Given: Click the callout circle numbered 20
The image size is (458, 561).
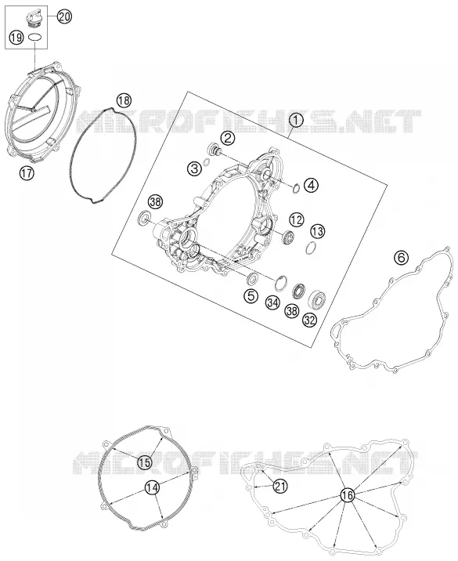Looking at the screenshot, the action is point(64,16).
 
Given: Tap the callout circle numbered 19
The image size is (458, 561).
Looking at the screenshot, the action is point(16,37).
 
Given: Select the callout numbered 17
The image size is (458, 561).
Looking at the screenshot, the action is point(27,173).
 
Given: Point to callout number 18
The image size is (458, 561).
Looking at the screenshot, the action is point(124,100).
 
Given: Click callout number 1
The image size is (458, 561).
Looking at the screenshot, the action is point(296,121).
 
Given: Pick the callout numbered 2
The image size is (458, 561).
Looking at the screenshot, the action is point(227,137).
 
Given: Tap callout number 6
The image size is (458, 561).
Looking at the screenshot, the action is point(401,257).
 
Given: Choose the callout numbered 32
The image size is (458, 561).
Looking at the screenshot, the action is point(309,320).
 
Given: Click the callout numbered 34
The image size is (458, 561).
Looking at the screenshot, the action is point(272,303).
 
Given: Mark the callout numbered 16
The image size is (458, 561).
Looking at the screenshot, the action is point(347,495).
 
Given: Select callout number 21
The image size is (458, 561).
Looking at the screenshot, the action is point(280,487).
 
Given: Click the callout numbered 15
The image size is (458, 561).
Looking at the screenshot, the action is point(145,462).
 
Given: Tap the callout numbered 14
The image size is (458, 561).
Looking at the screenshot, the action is point(152,487).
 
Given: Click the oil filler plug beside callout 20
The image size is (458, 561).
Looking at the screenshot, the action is point(33,20).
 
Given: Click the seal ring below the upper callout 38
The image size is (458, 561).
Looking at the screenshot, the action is point(145,218).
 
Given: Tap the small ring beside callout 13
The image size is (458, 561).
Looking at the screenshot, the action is point(311,248).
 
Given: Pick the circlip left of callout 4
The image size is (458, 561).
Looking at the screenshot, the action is point(296,188).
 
